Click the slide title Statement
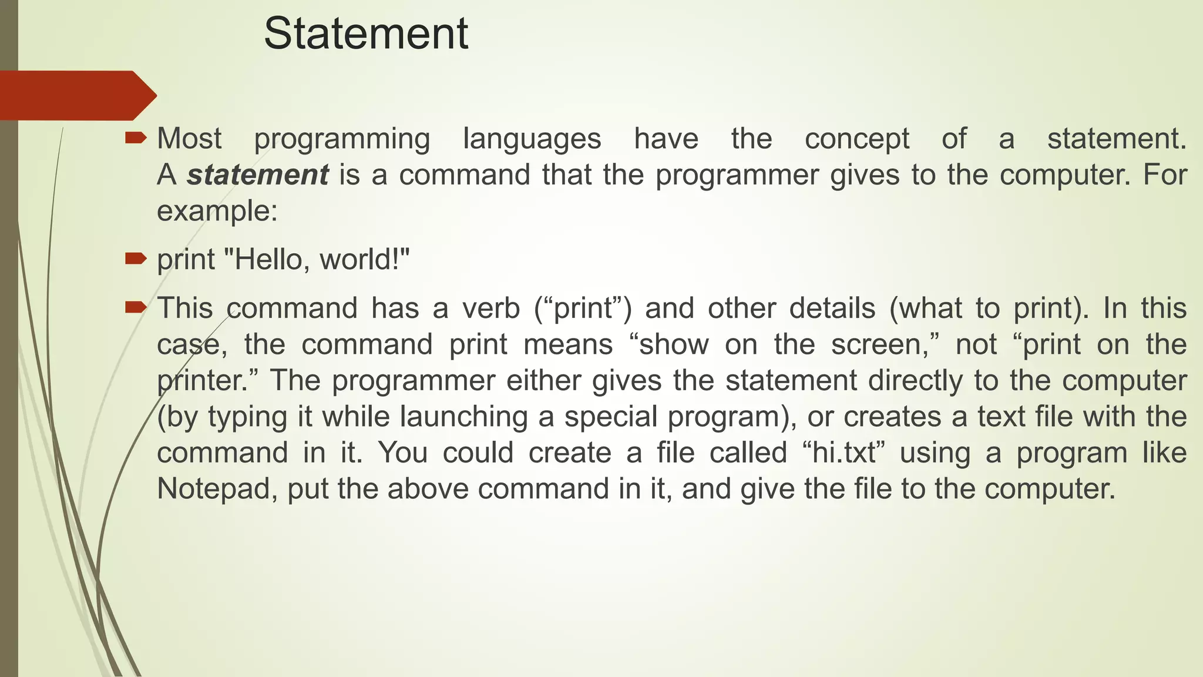tap(365, 34)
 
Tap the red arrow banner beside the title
tap(76, 95)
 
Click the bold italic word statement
tap(257, 175)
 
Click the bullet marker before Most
tap(135, 138)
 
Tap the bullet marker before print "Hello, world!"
tap(135, 258)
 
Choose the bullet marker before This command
tap(135, 307)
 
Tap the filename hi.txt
tap(844, 453)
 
